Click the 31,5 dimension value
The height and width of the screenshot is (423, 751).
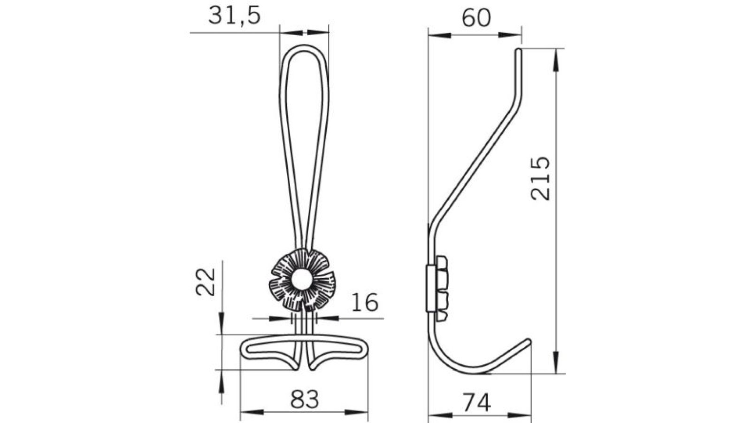point(234,16)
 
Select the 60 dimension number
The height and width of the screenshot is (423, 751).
point(476,18)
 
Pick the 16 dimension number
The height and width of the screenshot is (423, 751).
point(364,302)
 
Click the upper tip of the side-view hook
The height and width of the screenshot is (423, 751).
point(519,51)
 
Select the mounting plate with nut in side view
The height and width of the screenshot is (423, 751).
point(437,288)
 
